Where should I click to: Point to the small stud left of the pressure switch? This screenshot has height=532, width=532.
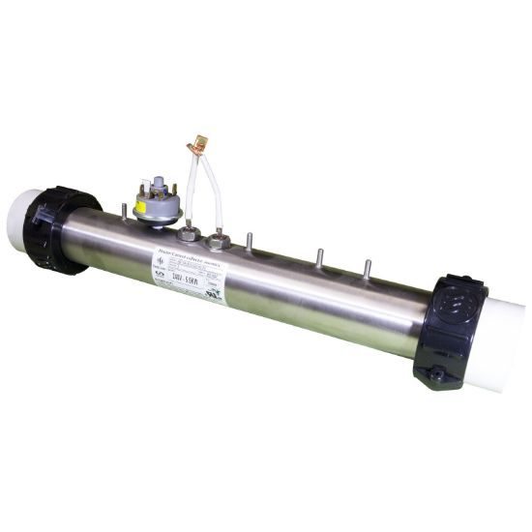coord(125,210)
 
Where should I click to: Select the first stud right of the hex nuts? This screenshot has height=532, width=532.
coord(250,242)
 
